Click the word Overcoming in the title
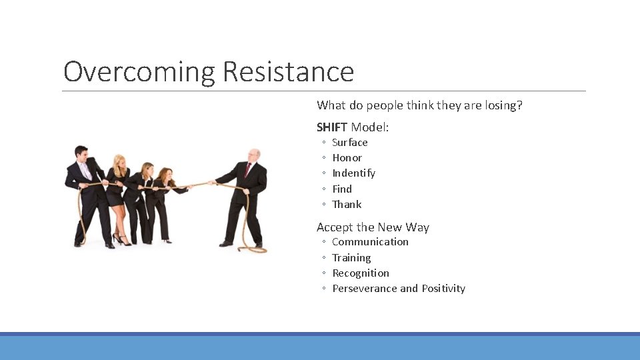139,71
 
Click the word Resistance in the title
288,71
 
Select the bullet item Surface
349,142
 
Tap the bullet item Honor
347,157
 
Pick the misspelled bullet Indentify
353,173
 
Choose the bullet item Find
341,189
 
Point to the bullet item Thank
347,204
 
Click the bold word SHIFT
332,127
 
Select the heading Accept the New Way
373,227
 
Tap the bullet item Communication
370,241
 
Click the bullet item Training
351,257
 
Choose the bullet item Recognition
361,273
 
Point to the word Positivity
443,288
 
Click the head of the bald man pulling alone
253,155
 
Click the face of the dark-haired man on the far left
81,153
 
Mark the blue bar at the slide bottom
320,347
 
